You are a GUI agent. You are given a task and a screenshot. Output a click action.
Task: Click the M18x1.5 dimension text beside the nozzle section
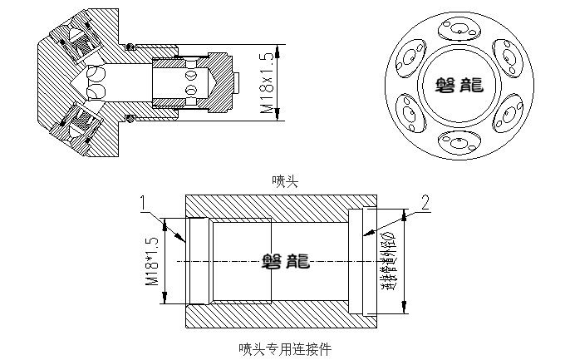pyautogui.click(x=267, y=83)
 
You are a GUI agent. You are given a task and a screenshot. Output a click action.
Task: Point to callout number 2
pyautogui.click(x=425, y=202)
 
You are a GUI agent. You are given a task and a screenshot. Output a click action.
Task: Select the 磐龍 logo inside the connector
pyautogui.click(x=286, y=261)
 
